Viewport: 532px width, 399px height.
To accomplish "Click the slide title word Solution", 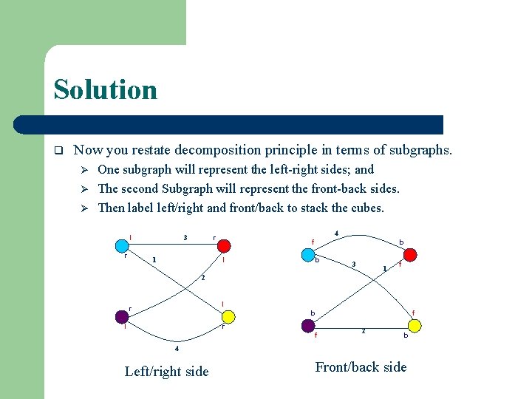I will [x=106, y=90].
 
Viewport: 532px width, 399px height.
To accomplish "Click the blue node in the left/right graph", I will [x=122, y=245].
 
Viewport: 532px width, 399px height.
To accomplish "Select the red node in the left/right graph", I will [x=225, y=245].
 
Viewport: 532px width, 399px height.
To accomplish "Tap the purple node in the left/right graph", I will [x=122, y=316].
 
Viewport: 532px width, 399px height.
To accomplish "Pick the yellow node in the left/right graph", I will [x=229, y=317].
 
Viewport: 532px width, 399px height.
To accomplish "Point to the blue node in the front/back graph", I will [x=307, y=253].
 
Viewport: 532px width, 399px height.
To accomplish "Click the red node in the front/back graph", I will [x=410, y=254].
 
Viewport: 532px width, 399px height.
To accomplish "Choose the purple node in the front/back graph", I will [x=307, y=325].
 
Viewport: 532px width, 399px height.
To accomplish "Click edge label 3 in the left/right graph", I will [x=185, y=237].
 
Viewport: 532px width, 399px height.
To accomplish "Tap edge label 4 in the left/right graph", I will [x=177, y=348].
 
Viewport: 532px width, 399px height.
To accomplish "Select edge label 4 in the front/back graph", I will [x=337, y=233].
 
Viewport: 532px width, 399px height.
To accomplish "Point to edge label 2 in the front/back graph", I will [x=363, y=330].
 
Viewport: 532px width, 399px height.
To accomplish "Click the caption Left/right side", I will [x=167, y=372].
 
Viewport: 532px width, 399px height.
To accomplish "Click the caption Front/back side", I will [x=361, y=367].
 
